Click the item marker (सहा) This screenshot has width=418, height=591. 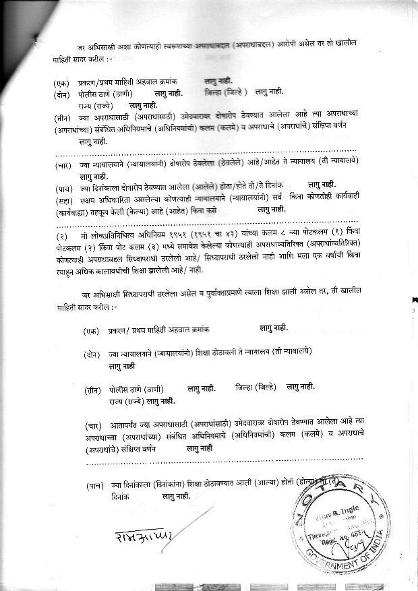[65, 199]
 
